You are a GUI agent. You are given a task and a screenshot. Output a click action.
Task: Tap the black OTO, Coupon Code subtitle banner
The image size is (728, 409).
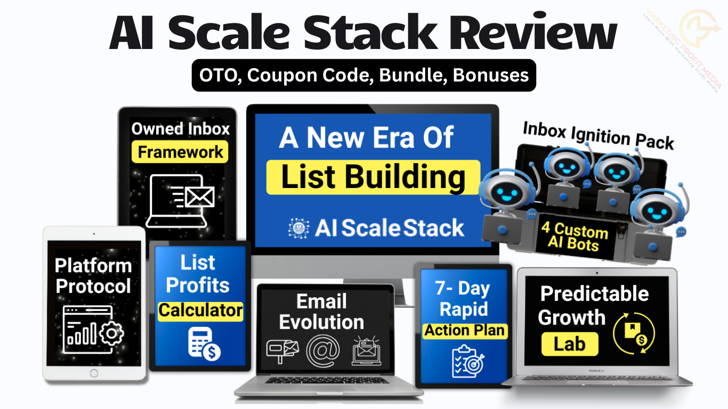(x=363, y=75)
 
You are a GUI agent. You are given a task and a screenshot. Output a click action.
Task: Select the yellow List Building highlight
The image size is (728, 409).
(x=373, y=177)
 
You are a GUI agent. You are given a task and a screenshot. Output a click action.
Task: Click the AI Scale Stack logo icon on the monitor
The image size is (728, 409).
(x=298, y=228)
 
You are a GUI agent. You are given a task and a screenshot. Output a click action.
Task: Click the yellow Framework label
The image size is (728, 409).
(x=180, y=152)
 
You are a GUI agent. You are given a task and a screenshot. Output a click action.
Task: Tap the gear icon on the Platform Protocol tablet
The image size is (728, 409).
(x=111, y=333)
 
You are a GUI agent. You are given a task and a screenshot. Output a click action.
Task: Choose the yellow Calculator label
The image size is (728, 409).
(x=200, y=310)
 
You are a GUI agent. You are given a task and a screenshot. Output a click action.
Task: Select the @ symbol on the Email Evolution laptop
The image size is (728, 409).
(x=322, y=351)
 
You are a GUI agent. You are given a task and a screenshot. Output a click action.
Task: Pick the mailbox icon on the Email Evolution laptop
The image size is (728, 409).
(x=283, y=351)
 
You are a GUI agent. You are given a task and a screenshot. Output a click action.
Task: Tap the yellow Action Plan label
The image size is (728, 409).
(x=464, y=331)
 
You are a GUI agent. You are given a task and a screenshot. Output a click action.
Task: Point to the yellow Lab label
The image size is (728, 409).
(x=569, y=343)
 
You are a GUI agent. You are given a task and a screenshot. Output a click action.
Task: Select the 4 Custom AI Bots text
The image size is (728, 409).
(x=575, y=237)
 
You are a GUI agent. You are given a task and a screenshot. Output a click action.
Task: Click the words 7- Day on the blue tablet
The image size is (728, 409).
(x=463, y=289)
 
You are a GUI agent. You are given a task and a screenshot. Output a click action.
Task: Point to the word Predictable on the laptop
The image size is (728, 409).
(x=594, y=294)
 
